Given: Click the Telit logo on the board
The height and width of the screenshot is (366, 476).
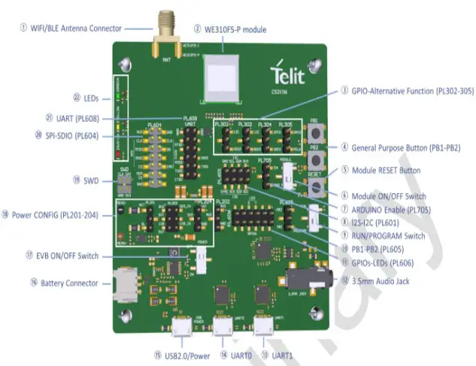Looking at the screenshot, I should pyautogui.click(x=289, y=73).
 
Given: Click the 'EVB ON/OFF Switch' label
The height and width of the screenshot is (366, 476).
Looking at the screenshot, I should pyautogui.click(x=67, y=256).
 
